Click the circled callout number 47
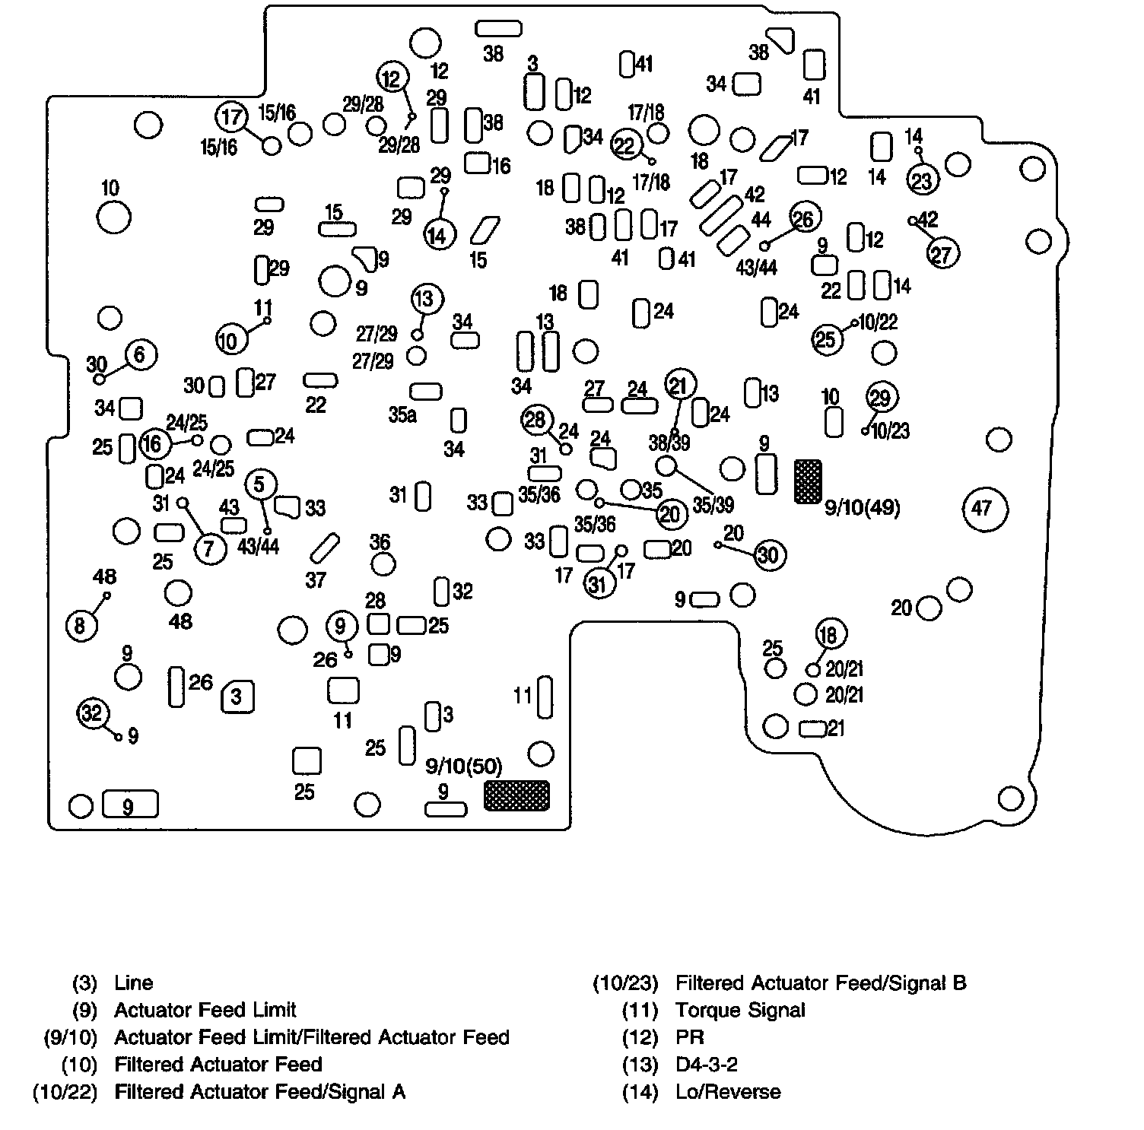984,507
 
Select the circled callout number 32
92,713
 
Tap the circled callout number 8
81,626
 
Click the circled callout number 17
231,117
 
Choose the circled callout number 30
769,555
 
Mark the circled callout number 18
830,634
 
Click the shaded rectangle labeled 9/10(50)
516,795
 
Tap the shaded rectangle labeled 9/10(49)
808,481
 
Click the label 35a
402,415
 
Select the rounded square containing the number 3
237,697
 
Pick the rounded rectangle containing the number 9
129,805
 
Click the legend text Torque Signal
739,1010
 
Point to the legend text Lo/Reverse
727,1092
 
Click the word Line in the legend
133,982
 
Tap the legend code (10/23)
625,983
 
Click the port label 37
316,580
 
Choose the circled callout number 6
140,354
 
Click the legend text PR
689,1037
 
